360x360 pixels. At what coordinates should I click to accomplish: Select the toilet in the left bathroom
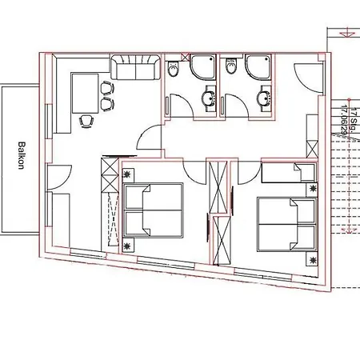coord(174,71)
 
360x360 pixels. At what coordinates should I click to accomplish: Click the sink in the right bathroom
coord(263,99)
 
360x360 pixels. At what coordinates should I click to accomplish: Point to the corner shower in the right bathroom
coord(258,67)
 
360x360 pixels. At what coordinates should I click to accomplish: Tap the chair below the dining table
coord(86,120)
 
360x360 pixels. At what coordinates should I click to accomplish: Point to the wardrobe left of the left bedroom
coord(108,204)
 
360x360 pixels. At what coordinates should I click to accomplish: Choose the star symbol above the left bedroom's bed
coord(128,172)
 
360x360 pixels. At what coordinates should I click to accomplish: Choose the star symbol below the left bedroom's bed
coord(129,243)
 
